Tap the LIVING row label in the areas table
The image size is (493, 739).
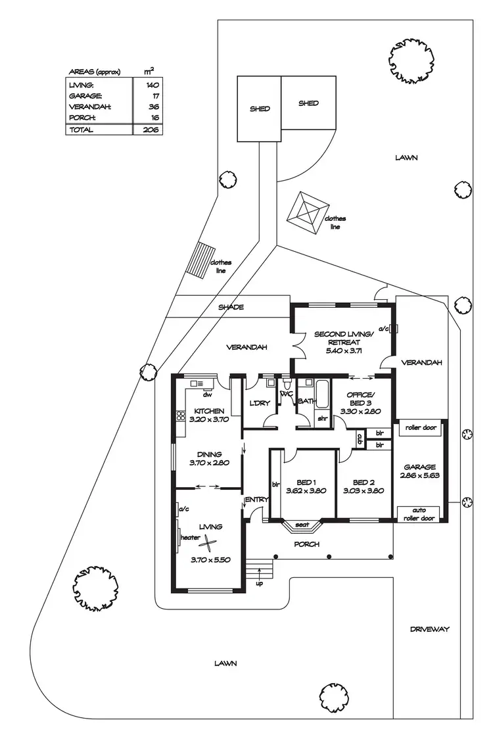click(81, 85)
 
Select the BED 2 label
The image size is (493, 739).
click(363, 481)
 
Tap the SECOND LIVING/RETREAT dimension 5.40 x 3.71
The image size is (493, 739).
click(344, 351)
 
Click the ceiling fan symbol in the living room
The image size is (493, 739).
click(208, 542)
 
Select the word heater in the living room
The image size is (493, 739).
click(190, 537)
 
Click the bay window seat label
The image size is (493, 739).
click(302, 525)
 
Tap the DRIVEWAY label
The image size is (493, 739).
click(430, 629)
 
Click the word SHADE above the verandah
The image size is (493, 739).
click(231, 307)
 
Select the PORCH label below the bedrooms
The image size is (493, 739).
click(306, 544)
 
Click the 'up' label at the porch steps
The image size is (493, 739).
click(259, 583)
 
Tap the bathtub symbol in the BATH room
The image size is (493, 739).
click(322, 393)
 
